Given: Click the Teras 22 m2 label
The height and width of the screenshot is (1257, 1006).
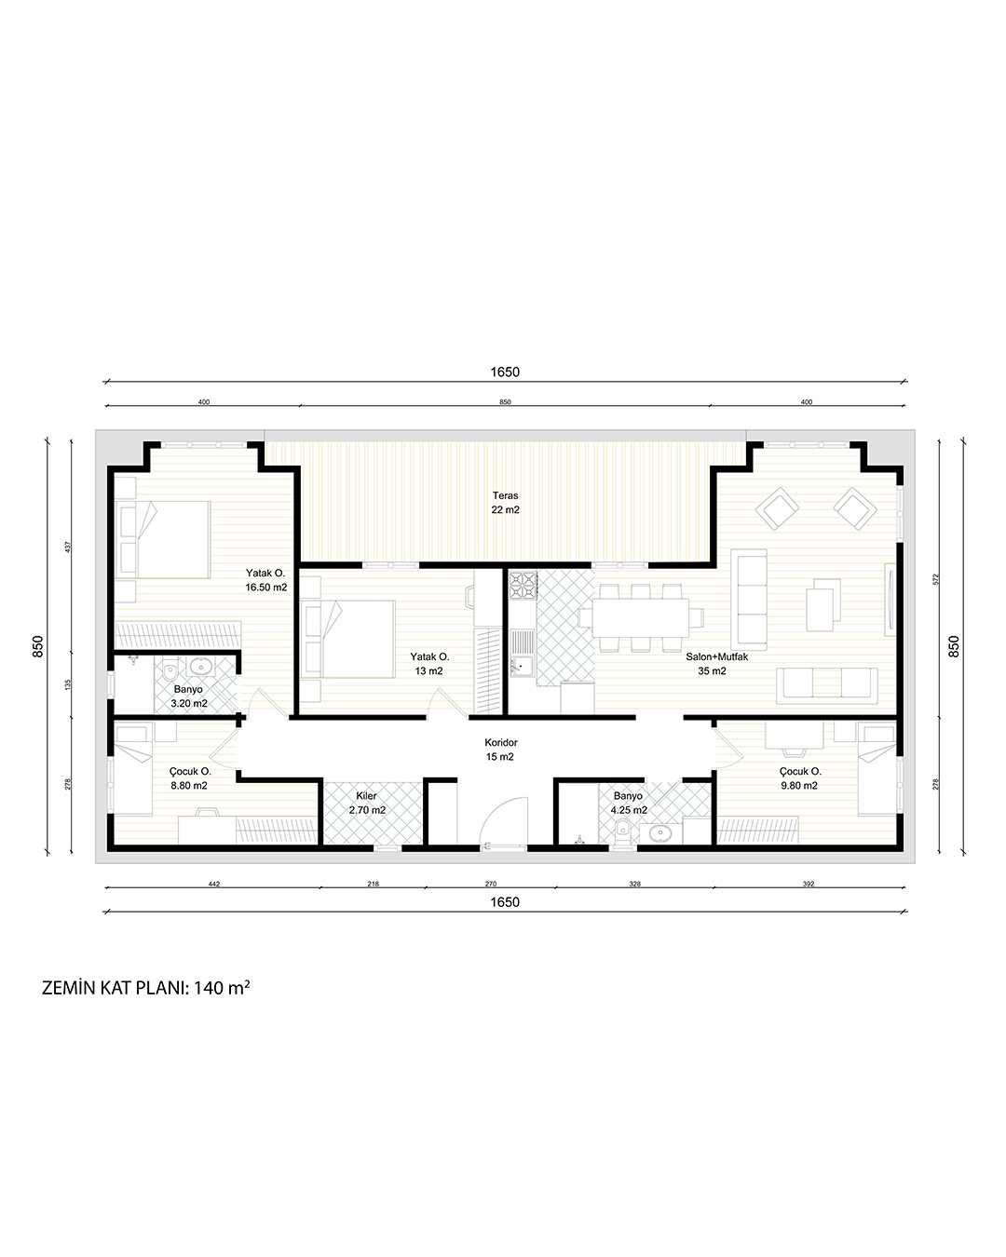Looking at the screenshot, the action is click(505, 502).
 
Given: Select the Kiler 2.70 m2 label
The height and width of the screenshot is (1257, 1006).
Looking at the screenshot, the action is click(367, 803).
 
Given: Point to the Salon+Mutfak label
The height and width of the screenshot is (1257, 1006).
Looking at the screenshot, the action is click(716, 656).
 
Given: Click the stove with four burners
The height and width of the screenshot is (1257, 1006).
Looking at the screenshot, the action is click(522, 586).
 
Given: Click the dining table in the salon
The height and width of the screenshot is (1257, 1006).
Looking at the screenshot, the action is click(640, 617).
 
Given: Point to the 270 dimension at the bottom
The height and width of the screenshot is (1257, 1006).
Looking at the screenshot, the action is click(491, 884).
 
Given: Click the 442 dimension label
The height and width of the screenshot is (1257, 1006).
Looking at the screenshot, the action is click(214, 884).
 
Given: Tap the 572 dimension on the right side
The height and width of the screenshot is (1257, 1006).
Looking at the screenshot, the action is click(935, 579).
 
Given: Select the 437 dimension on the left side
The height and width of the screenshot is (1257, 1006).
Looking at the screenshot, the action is click(68, 547).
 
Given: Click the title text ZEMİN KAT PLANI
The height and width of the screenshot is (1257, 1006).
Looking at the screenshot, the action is click(115, 988).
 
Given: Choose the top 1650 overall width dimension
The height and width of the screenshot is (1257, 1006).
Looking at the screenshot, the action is click(505, 372).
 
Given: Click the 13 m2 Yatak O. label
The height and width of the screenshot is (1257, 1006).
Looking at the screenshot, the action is click(429, 664).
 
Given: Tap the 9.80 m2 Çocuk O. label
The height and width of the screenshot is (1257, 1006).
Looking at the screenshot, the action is click(799, 778).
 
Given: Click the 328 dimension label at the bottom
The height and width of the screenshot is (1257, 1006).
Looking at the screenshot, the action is click(635, 884).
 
